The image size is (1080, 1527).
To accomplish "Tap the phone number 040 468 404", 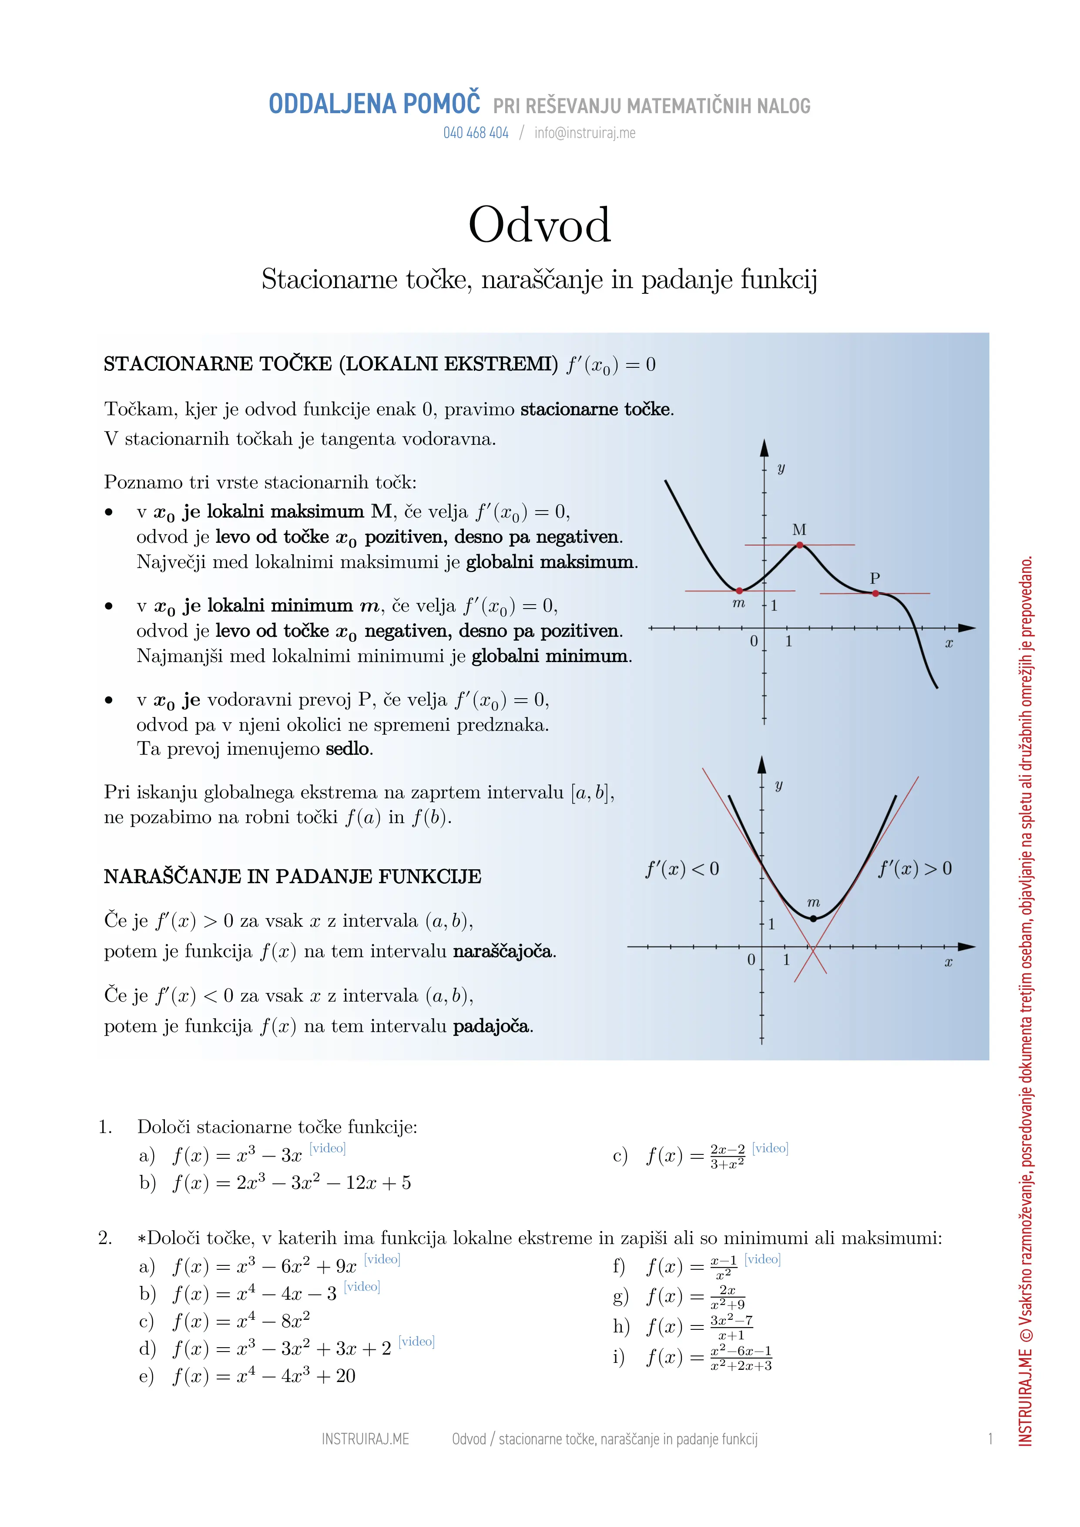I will click(x=476, y=133).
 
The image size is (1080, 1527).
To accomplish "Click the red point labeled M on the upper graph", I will click(x=800, y=545).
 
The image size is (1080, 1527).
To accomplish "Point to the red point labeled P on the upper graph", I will click(x=875, y=593).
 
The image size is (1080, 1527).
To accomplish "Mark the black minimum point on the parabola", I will click(x=813, y=918).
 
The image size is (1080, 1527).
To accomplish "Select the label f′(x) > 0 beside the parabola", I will click(x=915, y=868).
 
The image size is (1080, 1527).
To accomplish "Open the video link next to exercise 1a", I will click(x=327, y=1149).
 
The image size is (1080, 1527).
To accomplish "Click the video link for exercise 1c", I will click(x=770, y=1149).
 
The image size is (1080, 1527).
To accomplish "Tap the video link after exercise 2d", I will click(x=416, y=1342).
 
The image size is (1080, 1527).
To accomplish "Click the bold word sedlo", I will click(x=349, y=749).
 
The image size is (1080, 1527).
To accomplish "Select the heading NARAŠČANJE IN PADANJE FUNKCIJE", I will click(x=292, y=877).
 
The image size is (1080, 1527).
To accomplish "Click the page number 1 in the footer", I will click(x=990, y=1439).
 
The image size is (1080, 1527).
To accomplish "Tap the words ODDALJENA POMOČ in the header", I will click(x=374, y=104).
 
